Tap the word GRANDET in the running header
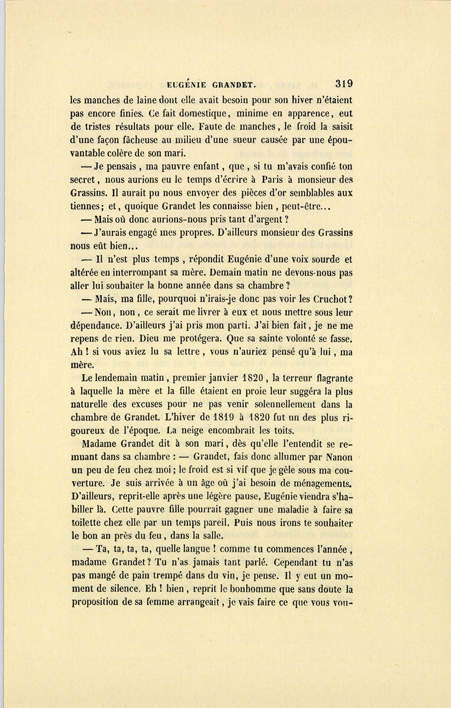(233, 85)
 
